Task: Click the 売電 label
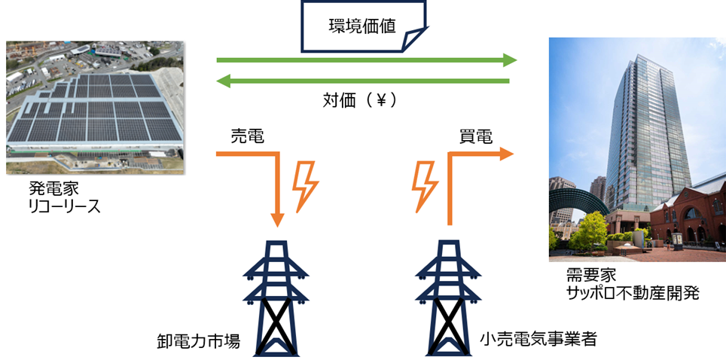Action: pyautogui.click(x=247, y=136)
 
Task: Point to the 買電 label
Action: pyautogui.click(x=476, y=136)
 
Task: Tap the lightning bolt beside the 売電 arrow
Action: pyautogui.click(x=306, y=185)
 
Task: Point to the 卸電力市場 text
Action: pyautogui.click(x=194, y=340)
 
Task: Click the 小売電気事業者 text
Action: pyautogui.click(x=538, y=339)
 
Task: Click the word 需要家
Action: pyautogui.click(x=588, y=273)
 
